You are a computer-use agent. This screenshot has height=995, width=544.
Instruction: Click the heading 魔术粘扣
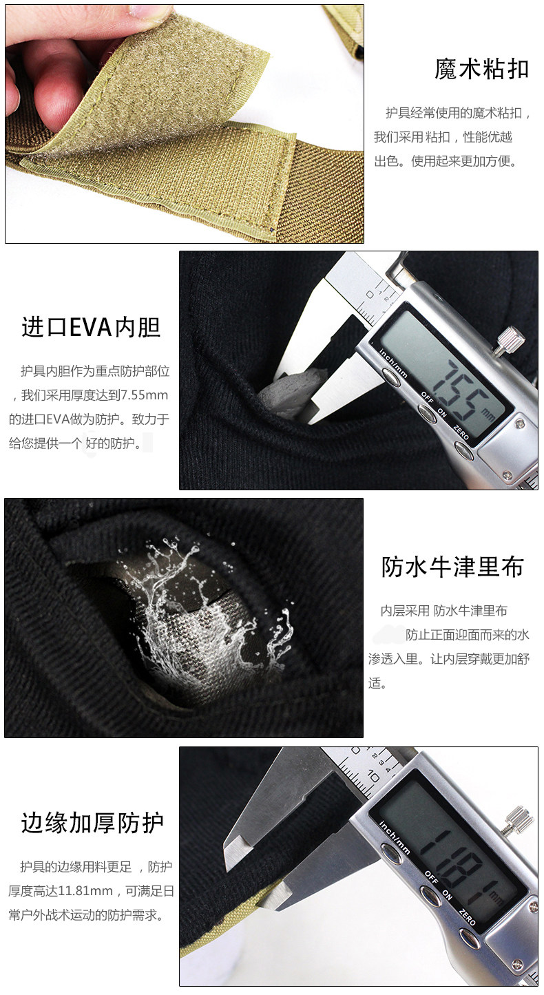point(481,69)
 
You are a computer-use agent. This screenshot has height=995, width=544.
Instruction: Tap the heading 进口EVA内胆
point(90,326)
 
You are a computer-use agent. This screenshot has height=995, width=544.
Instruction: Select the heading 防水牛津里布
point(452,566)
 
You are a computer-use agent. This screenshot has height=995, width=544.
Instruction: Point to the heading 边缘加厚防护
point(93,822)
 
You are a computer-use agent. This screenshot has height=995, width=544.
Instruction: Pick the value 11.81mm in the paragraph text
point(85,891)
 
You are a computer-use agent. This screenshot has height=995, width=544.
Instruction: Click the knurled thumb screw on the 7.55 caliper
point(512,338)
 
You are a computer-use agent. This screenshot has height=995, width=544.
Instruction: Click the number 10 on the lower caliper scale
point(375,776)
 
